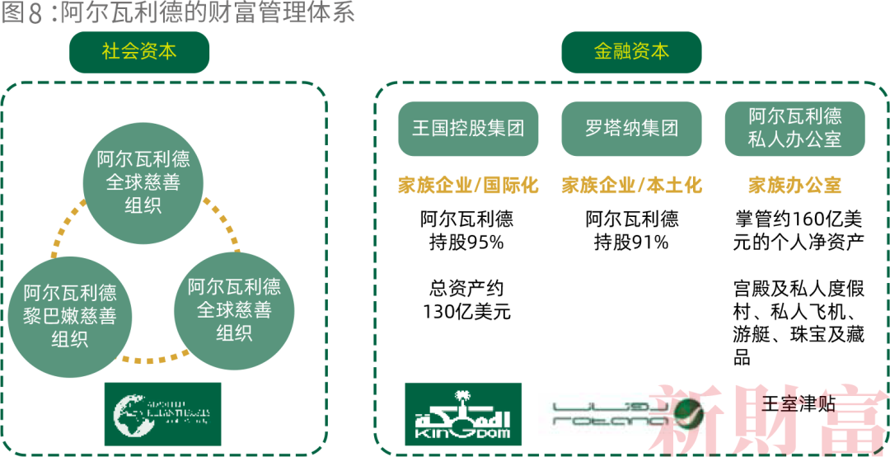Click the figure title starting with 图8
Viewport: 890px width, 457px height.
(x=177, y=15)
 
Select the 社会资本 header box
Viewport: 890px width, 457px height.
(x=139, y=52)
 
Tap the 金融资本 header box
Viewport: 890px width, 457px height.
(x=631, y=52)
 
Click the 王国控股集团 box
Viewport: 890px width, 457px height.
(x=468, y=129)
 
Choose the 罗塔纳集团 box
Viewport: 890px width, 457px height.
(x=631, y=129)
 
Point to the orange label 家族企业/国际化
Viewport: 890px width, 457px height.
(x=467, y=185)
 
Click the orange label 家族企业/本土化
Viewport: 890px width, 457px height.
(x=631, y=185)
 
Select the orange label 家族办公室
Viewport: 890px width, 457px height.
(x=794, y=185)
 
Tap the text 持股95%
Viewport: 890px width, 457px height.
(x=467, y=243)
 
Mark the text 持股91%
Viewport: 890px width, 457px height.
(x=631, y=243)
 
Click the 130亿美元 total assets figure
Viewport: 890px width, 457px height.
(x=467, y=313)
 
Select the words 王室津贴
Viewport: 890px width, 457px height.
(x=799, y=403)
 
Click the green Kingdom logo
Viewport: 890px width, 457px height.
(x=463, y=413)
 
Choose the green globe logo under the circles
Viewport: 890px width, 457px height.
(x=162, y=413)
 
